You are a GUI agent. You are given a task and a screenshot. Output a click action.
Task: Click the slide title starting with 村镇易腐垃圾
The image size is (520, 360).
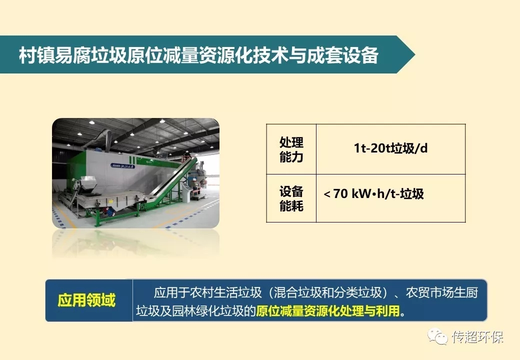[x=198, y=55]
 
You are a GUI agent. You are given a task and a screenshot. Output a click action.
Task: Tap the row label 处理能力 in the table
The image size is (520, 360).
[x=291, y=149]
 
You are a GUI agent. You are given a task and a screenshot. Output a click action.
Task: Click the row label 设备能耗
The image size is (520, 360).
[x=291, y=198]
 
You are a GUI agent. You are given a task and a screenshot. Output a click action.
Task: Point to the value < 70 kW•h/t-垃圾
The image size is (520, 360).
[x=374, y=193]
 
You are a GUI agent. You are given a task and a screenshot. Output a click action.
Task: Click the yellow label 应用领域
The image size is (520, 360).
[x=86, y=300]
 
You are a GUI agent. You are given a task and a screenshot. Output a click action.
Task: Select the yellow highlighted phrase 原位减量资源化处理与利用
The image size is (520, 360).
[x=328, y=311]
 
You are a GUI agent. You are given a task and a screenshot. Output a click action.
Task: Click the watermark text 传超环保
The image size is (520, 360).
[x=478, y=337]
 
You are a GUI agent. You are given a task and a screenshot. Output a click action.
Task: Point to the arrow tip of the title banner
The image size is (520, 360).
[x=415, y=54]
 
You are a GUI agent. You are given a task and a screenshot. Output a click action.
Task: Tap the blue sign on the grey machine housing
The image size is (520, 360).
[x=123, y=166]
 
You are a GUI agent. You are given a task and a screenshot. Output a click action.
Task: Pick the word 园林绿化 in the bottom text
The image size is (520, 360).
[x=195, y=311]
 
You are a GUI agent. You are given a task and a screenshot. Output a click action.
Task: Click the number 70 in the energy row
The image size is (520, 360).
[x=340, y=193]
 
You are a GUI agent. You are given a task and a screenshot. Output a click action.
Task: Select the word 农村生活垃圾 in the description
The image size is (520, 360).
[x=225, y=292]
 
